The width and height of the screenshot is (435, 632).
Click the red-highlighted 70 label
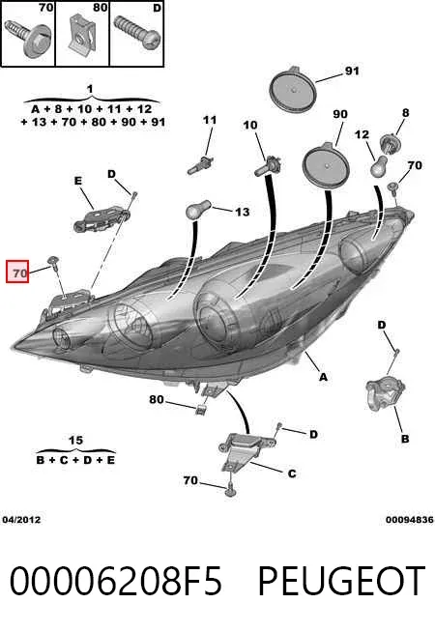click(17, 272)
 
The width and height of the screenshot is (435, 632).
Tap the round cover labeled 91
click(293, 89)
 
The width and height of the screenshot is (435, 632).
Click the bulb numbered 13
click(197, 209)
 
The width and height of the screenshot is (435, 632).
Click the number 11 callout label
click(210, 120)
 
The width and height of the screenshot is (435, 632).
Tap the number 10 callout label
click(250, 125)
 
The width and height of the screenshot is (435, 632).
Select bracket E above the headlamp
click(101, 219)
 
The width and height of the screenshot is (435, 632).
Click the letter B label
click(405, 439)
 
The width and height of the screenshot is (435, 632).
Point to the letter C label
click(292, 474)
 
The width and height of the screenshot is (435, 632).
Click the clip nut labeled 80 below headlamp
click(200, 410)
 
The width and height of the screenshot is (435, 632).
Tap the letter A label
click(323, 377)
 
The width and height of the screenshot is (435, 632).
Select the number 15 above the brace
click(75, 440)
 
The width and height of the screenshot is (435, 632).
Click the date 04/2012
click(21, 520)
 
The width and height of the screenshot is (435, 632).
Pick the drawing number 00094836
click(409, 520)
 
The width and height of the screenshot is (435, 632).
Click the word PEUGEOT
click(341, 581)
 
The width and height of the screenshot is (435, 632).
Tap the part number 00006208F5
click(115, 581)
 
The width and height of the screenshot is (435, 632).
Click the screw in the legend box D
click(137, 32)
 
